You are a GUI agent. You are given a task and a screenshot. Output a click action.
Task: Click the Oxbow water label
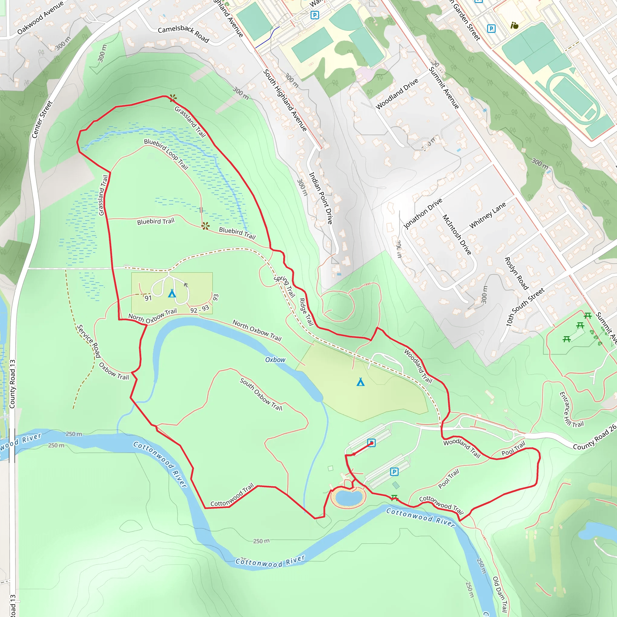[x=275, y=360]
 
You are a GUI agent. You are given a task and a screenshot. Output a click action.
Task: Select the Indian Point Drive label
[x=321, y=198]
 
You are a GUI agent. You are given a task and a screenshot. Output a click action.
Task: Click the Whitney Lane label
[x=487, y=215]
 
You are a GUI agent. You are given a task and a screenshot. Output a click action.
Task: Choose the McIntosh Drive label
[x=457, y=234]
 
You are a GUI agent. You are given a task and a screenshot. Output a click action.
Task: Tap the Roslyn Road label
[x=516, y=273]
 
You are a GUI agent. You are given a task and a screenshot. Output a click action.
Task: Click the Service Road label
[x=89, y=341]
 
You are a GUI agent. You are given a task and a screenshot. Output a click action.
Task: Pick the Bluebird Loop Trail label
[x=166, y=154]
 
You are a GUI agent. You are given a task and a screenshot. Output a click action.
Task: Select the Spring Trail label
[x=284, y=286]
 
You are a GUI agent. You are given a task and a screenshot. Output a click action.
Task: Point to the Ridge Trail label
[x=306, y=312]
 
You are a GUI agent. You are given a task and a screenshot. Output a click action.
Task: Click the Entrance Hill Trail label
[x=571, y=410]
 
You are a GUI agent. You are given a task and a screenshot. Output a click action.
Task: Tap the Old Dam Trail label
[x=500, y=594]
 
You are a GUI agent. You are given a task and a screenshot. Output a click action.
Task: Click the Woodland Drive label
[x=397, y=94]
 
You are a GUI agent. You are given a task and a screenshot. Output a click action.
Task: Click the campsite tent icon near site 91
[x=172, y=293]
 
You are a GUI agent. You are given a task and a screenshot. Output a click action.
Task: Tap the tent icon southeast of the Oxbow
[x=361, y=382]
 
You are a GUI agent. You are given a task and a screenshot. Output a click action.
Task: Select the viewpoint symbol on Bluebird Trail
[x=205, y=226]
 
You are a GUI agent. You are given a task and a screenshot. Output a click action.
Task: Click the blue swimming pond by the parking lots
[x=348, y=498]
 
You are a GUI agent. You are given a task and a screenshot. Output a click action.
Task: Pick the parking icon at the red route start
[x=371, y=443]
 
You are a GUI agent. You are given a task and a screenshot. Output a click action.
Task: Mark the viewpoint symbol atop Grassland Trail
[x=173, y=98]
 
